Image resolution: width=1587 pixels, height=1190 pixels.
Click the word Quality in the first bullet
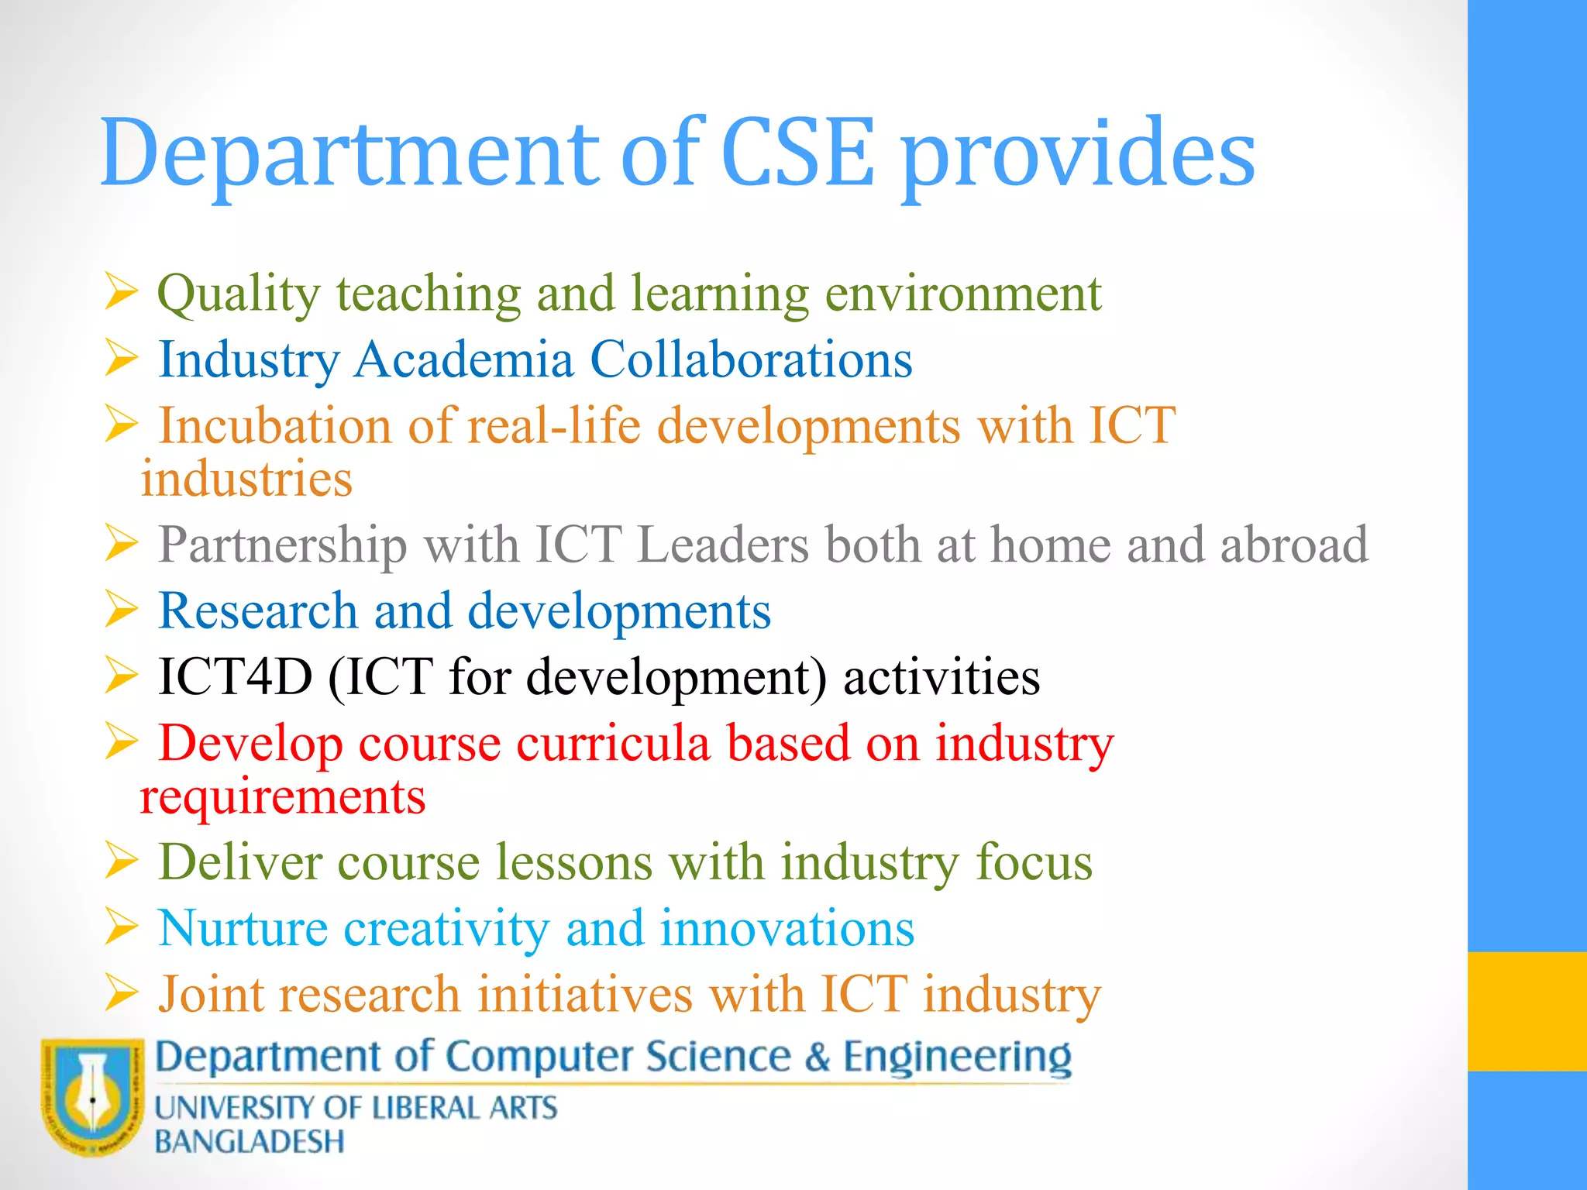click(x=239, y=295)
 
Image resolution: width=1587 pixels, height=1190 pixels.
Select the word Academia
click(x=463, y=359)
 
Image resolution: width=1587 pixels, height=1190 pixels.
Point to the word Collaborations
click(x=751, y=359)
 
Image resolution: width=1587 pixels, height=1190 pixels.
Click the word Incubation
click(x=274, y=426)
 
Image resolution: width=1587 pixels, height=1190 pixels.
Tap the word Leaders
click(x=722, y=544)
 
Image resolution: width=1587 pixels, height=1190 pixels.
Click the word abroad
click(x=1294, y=544)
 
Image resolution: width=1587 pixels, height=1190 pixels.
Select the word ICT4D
click(x=235, y=676)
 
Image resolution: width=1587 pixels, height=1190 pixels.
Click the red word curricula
click(x=613, y=743)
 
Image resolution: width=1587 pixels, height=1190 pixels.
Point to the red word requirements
click(x=283, y=797)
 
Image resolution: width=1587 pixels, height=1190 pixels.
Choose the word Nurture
click(x=243, y=928)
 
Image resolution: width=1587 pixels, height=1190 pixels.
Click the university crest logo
click(x=92, y=1096)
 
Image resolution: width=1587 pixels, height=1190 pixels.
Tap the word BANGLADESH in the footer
click(x=249, y=1142)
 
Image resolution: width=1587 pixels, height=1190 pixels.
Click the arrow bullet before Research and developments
click(x=122, y=610)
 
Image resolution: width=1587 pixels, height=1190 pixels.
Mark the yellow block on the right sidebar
click(x=1527, y=1011)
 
